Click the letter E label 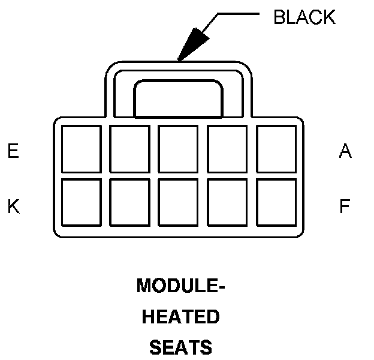[x=13, y=151]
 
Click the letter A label [x=345, y=151]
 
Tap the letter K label [x=13, y=206]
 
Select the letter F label [x=345, y=206]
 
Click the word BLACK [x=304, y=17]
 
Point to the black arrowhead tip [x=178, y=59]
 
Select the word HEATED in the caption [x=180, y=316]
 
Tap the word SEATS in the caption [x=180, y=346]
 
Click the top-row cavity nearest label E [x=82, y=149]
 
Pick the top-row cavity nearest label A [x=276, y=149]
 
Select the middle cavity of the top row [x=179, y=149]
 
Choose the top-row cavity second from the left [x=130, y=149]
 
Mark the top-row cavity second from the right [x=227, y=149]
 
